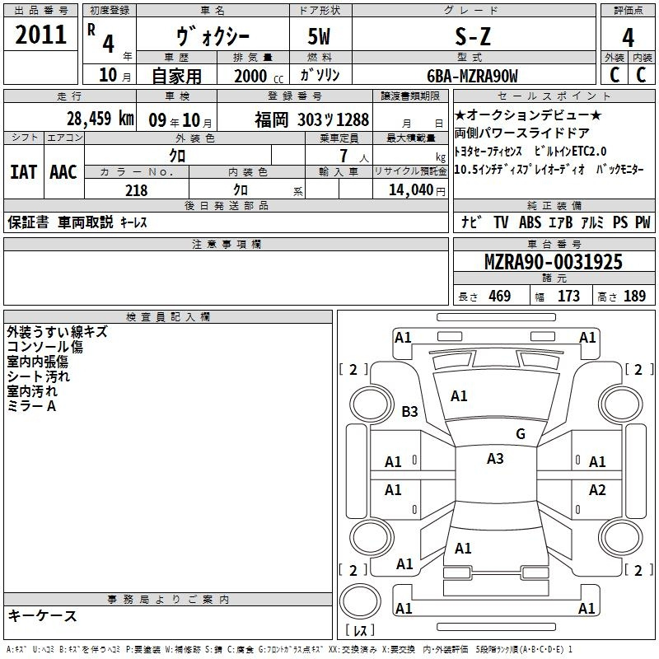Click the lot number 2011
click(x=40, y=35)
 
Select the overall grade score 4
click(x=628, y=37)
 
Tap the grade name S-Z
click(x=473, y=37)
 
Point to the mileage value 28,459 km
click(x=100, y=119)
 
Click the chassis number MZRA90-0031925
click(x=554, y=262)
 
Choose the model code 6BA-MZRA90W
click(x=472, y=76)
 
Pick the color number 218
click(x=136, y=190)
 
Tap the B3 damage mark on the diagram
click(x=409, y=411)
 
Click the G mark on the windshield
click(x=521, y=434)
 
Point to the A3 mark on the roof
click(x=495, y=459)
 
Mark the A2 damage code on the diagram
click(x=597, y=489)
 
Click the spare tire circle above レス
click(x=360, y=601)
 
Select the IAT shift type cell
click(x=24, y=172)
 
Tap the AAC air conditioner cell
click(x=63, y=172)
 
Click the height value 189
click(x=634, y=296)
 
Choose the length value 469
click(x=500, y=296)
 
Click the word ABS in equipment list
click(x=530, y=222)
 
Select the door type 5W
click(x=319, y=37)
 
